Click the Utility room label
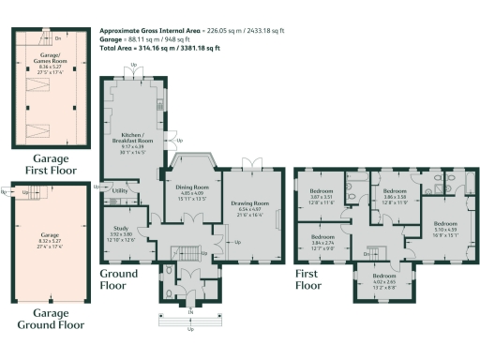pyautogui.click(x=120, y=190)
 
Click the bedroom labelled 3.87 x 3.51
pyautogui.click(x=322, y=197)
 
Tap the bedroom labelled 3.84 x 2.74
pyautogui.click(x=323, y=242)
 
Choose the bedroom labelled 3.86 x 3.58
pyautogui.click(x=392, y=197)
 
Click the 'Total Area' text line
pyautogui.click(x=160, y=48)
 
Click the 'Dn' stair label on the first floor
pyautogui.click(x=367, y=252)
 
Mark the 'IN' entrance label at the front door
pyautogui.click(x=191, y=309)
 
